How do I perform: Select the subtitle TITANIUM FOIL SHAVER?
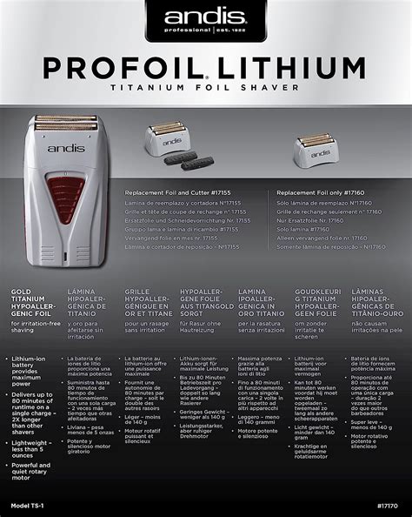(206, 88)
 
